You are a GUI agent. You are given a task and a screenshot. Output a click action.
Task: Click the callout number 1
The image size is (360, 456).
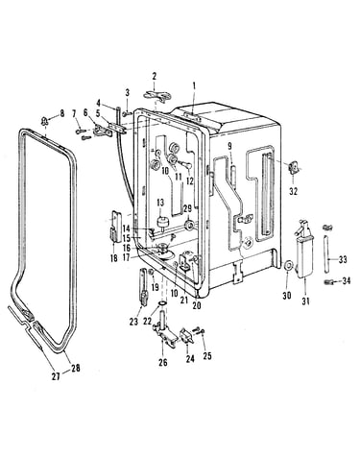click(x=194, y=85)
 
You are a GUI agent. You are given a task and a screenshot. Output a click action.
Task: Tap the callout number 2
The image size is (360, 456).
click(x=155, y=76)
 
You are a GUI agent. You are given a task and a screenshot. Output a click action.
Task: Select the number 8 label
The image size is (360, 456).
click(x=61, y=113)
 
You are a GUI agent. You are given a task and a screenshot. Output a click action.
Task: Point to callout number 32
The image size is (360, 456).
click(x=293, y=191)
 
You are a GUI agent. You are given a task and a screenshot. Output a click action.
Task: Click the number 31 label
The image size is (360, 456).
click(x=305, y=300)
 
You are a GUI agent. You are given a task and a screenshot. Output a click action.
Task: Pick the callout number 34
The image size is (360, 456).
click(x=346, y=281)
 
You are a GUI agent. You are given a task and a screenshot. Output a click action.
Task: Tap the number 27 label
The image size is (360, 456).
click(x=56, y=376)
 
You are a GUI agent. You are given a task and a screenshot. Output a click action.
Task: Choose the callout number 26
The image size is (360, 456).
click(x=163, y=362)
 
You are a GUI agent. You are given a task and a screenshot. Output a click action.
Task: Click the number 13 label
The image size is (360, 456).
click(x=160, y=203)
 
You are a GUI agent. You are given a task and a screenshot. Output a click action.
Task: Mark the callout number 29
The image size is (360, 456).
click(x=187, y=208)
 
